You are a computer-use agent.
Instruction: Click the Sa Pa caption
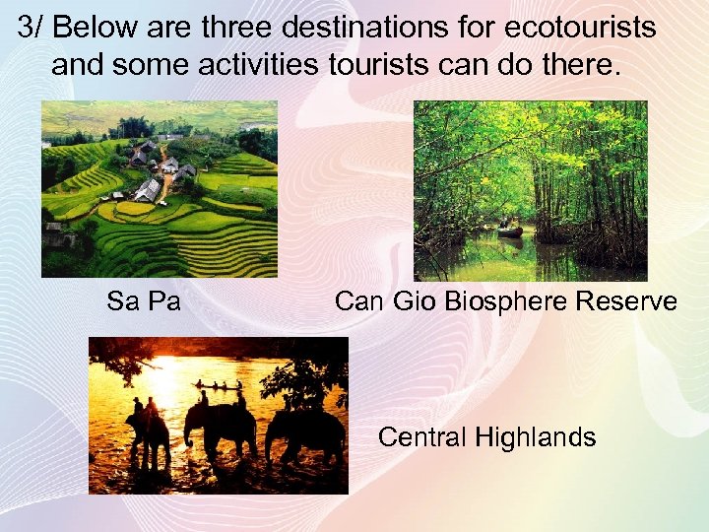coord(144,300)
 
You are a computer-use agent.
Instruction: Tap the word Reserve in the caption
coord(626,300)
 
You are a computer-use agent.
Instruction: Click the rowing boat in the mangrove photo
coord(510,232)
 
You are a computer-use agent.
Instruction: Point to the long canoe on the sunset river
coord(219,387)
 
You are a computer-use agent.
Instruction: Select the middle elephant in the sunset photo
coord(221,429)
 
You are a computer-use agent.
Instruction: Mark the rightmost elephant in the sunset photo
coord(305,433)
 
